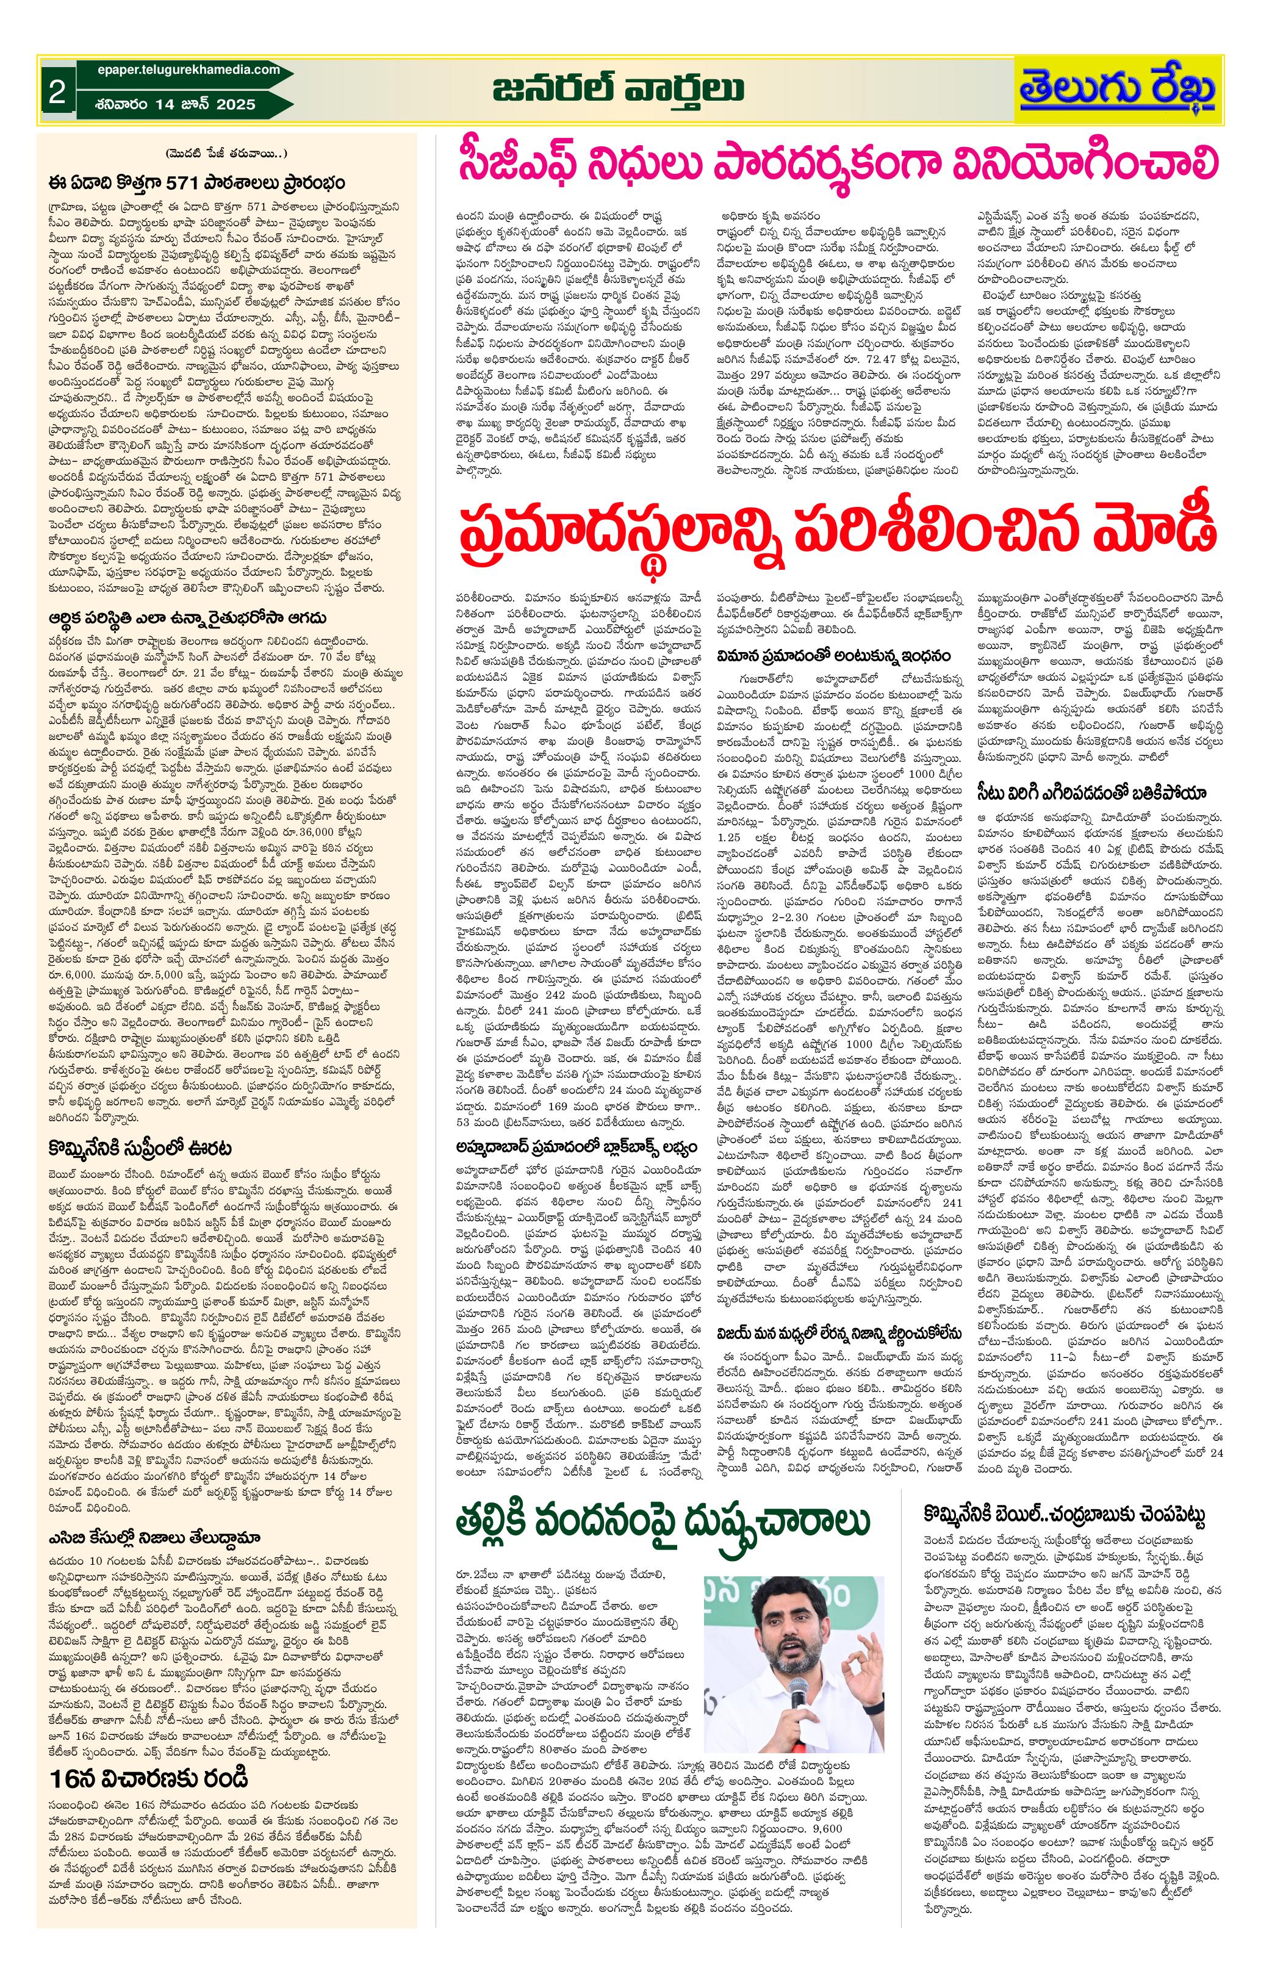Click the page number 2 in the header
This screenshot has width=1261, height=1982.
[x=56, y=92]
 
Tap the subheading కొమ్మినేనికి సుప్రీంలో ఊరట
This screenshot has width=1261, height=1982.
[x=140, y=1147]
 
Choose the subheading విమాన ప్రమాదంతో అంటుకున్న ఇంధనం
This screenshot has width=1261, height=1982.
[x=833, y=655]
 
